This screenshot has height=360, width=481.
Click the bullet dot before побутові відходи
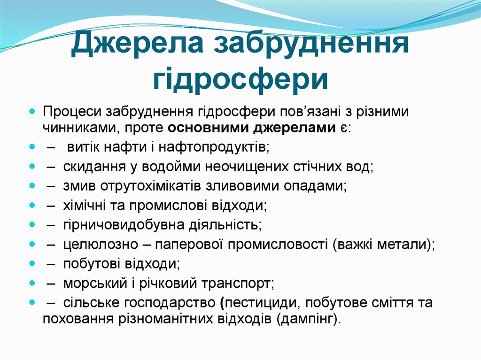tap(32, 264)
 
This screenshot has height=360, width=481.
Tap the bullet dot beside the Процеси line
tap(32, 113)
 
